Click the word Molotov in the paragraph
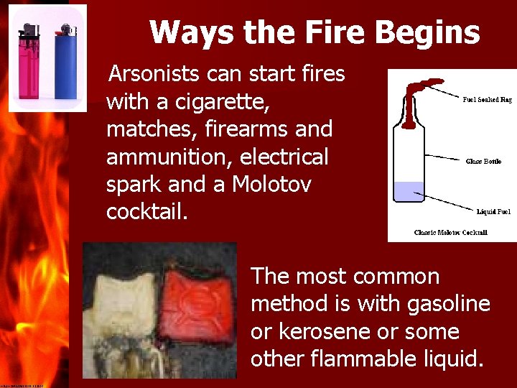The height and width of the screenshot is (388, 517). click(271, 185)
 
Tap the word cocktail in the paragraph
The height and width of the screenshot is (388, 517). click(144, 213)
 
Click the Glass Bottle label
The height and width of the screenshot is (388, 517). click(483, 162)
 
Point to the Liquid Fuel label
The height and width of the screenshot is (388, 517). click(494, 212)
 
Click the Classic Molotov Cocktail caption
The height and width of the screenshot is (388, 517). click(450, 232)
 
